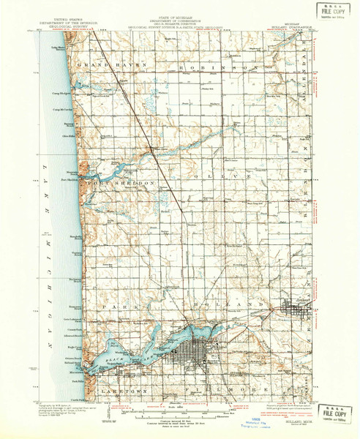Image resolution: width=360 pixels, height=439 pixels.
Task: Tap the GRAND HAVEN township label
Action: click(x=111, y=66)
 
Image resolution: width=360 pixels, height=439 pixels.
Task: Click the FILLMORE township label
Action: click(x=220, y=392)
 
